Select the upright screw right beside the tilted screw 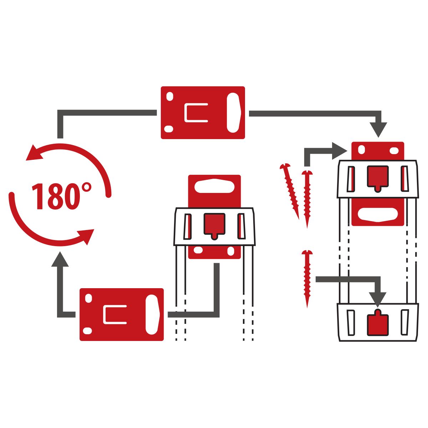tap(307, 198)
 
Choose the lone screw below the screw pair tap(307, 278)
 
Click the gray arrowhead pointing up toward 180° tap(60, 259)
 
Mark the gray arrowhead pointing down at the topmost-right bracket tap(378, 130)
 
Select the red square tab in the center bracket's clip tap(214, 225)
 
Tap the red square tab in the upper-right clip tap(378, 177)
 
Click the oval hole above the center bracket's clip tap(214, 185)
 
